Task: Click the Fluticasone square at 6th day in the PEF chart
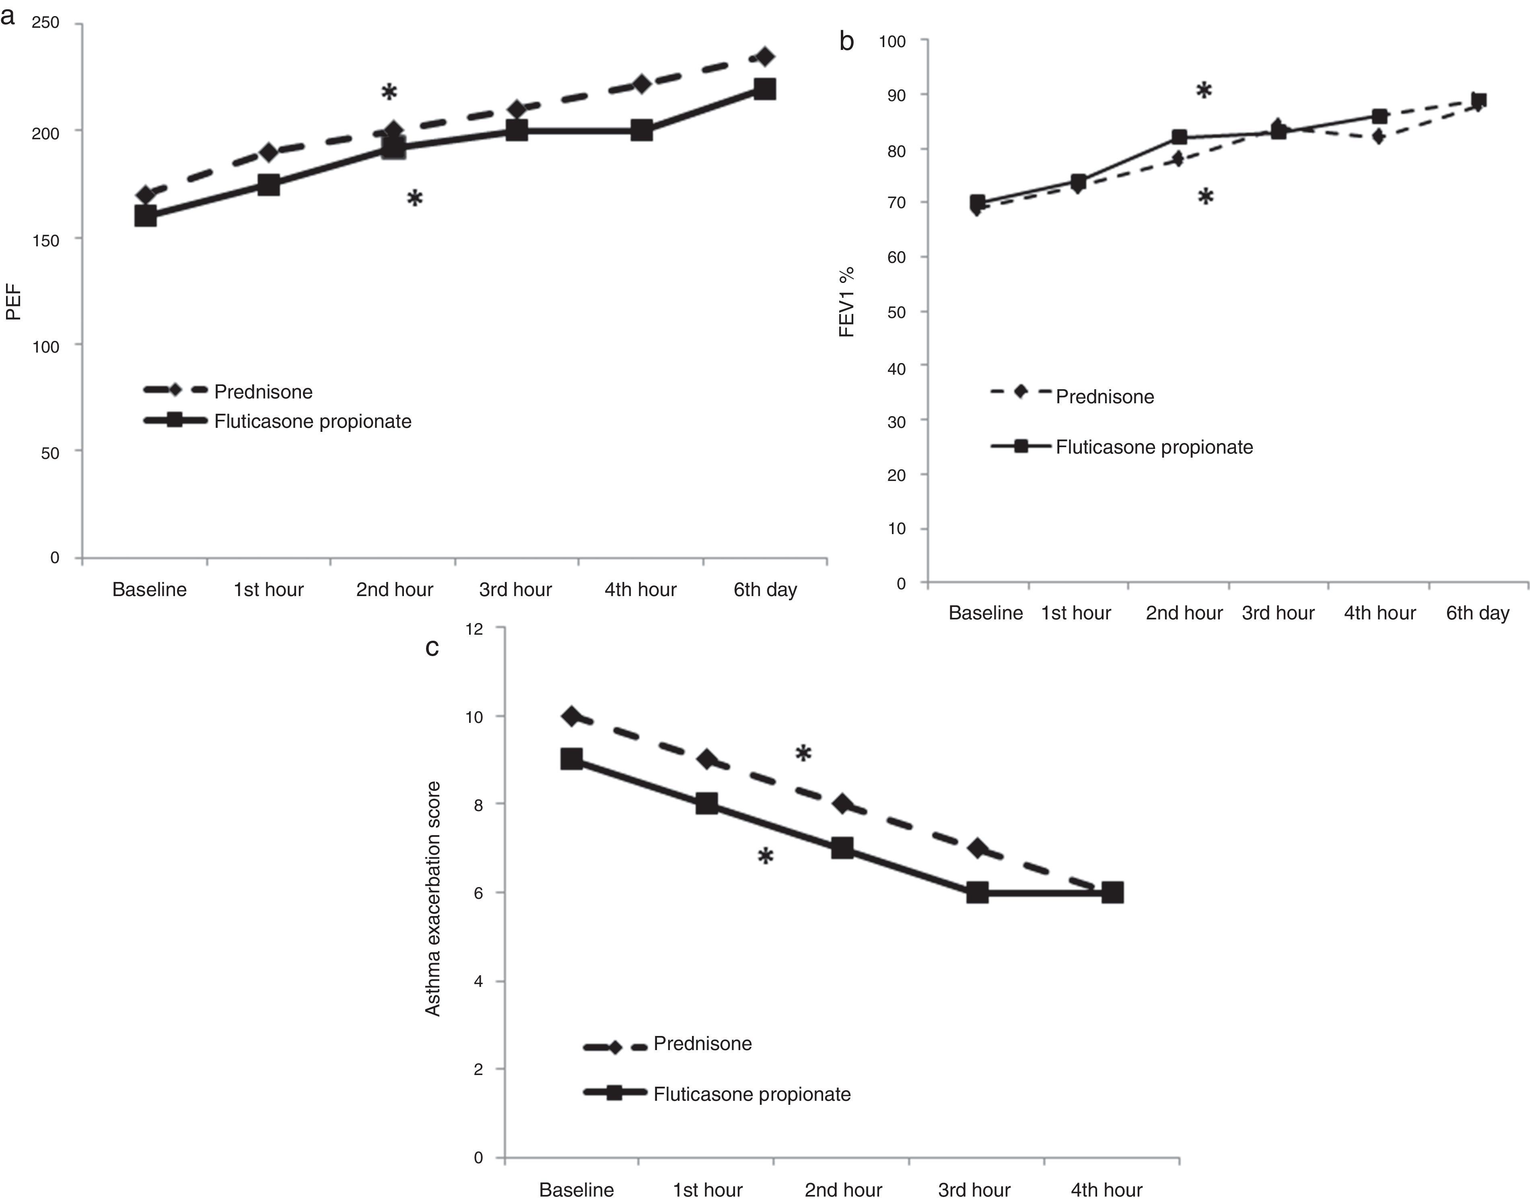tap(764, 89)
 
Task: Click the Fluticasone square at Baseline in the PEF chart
tap(146, 215)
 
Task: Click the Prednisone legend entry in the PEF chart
tap(263, 392)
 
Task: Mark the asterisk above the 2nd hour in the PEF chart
tap(389, 92)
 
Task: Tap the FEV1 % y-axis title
tap(848, 302)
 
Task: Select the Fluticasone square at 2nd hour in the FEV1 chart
tap(1179, 137)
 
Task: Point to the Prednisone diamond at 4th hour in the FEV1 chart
tap(1378, 136)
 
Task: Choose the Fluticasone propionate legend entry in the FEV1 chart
tap(1154, 447)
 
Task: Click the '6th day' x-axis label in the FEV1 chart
tap(1477, 613)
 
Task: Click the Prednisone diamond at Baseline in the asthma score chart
tap(571, 716)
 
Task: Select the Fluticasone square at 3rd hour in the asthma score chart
tap(977, 893)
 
